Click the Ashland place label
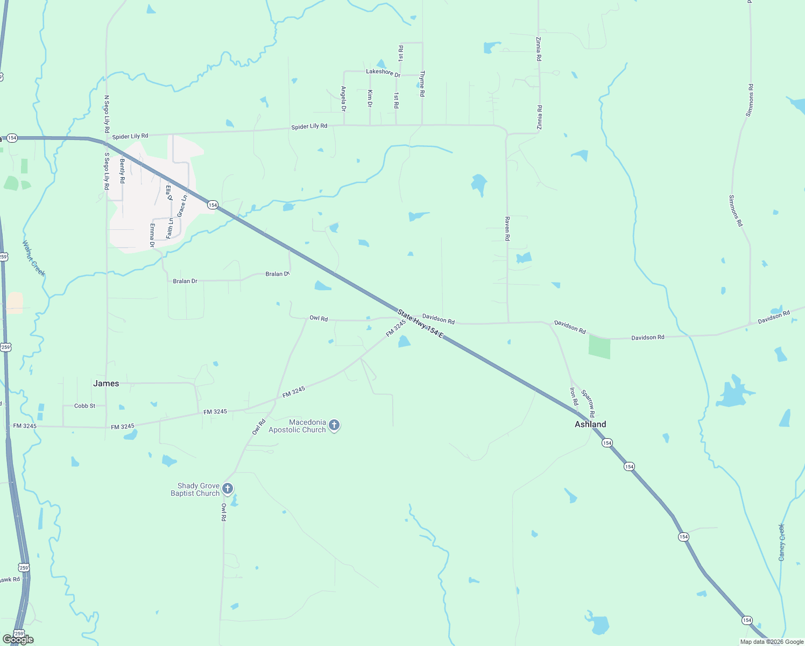590,424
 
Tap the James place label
106,383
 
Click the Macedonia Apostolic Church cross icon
334,426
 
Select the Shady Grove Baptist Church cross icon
228,489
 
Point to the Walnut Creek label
33,258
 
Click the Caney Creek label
782,542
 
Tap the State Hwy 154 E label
420,324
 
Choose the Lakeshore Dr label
383,72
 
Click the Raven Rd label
507,228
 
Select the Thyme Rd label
422,83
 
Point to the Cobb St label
84,406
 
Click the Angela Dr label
344,99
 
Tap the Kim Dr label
370,99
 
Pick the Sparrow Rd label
588,404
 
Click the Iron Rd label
574,396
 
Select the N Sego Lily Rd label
107,114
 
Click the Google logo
18,640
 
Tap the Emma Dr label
152,235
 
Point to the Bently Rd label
122,171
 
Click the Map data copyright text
772,642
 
